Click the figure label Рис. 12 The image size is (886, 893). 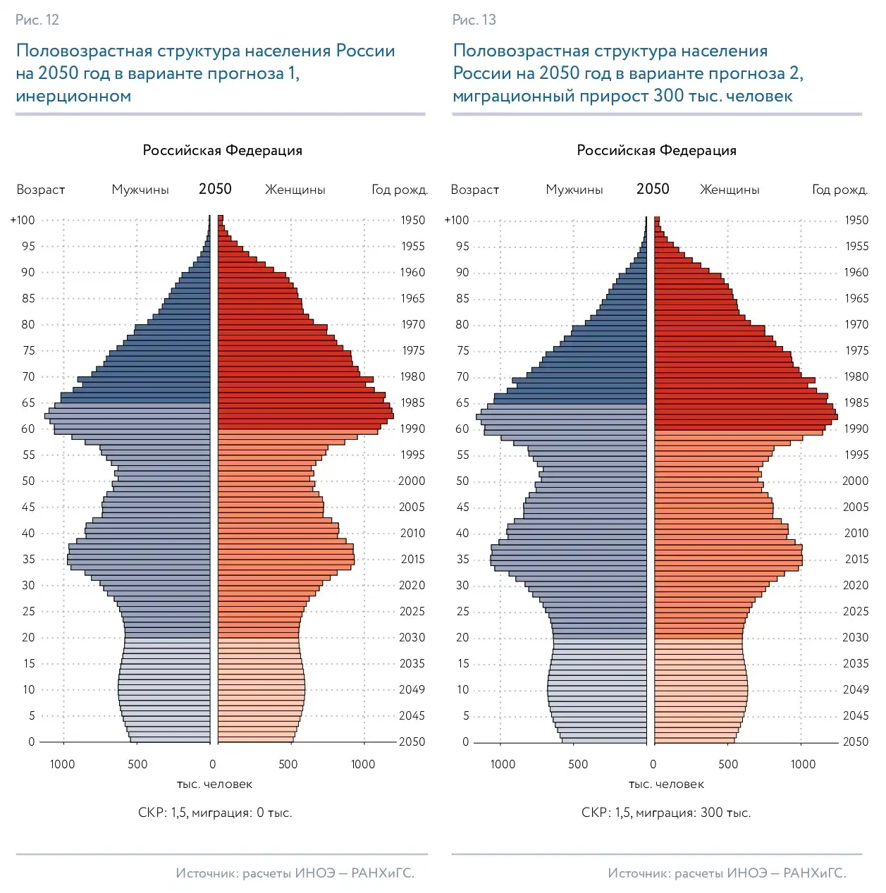click(x=37, y=20)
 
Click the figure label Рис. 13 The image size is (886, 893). click(x=474, y=20)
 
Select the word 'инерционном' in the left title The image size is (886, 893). click(x=73, y=96)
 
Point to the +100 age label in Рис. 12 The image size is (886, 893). click(x=23, y=220)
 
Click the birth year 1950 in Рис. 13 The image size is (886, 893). click(x=856, y=220)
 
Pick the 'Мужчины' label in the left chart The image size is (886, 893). click(x=140, y=190)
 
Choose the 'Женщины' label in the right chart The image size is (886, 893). click(x=730, y=190)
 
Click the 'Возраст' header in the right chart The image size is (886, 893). click(x=475, y=190)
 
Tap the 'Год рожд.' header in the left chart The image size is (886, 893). click(x=400, y=190)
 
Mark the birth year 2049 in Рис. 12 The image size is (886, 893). click(x=412, y=689)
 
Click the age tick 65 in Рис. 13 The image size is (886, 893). click(x=462, y=402)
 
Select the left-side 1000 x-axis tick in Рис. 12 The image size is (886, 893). click(x=63, y=764)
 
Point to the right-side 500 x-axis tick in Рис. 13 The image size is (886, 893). click(x=728, y=764)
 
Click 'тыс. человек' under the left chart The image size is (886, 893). click(x=214, y=784)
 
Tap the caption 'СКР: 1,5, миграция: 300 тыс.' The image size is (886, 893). click(x=666, y=813)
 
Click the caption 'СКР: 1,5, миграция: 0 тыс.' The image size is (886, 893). click(x=215, y=813)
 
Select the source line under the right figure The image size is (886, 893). click(x=727, y=873)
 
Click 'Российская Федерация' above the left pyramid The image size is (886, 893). click(x=222, y=150)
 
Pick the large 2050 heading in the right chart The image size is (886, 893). click(x=653, y=189)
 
